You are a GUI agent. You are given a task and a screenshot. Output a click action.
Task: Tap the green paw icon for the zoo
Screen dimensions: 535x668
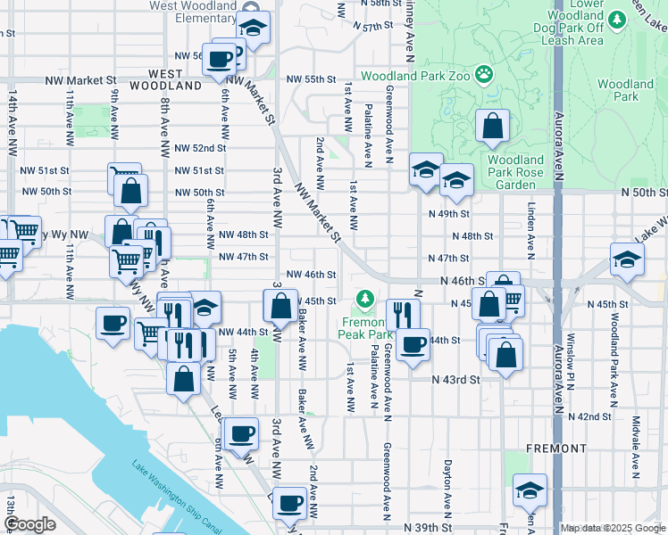click(x=485, y=73)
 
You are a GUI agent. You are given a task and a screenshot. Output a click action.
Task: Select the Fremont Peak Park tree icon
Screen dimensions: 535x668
click(x=365, y=297)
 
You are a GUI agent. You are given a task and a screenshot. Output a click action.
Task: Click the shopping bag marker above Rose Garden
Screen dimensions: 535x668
click(x=492, y=128)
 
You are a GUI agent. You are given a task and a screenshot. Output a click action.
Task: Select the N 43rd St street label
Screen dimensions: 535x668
click(x=456, y=379)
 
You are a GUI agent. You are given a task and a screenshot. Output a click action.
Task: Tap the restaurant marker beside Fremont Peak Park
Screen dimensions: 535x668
click(x=403, y=313)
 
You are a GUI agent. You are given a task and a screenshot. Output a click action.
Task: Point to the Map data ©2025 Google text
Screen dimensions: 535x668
click(x=613, y=528)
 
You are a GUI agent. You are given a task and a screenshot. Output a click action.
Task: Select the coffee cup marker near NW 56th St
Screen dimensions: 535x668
click(x=220, y=60)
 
